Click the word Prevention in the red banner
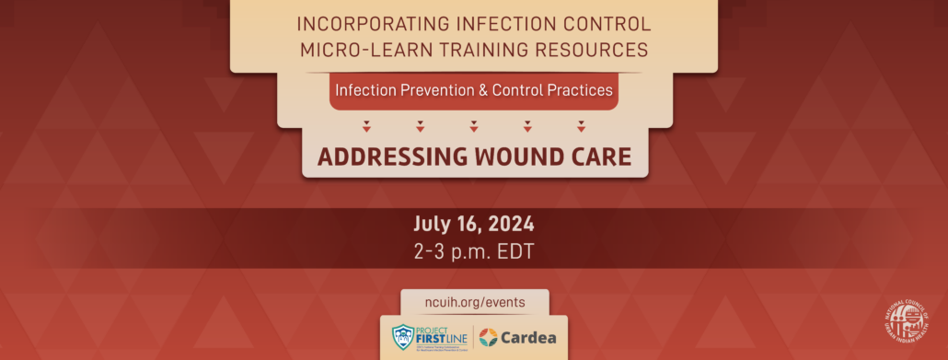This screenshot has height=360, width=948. point(428,91)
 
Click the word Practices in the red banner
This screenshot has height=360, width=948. point(580,91)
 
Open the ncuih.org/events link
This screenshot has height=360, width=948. point(474,302)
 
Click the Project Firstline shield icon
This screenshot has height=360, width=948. point(403,336)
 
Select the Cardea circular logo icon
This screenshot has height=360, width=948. point(488,337)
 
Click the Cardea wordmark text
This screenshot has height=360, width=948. point(529,337)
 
